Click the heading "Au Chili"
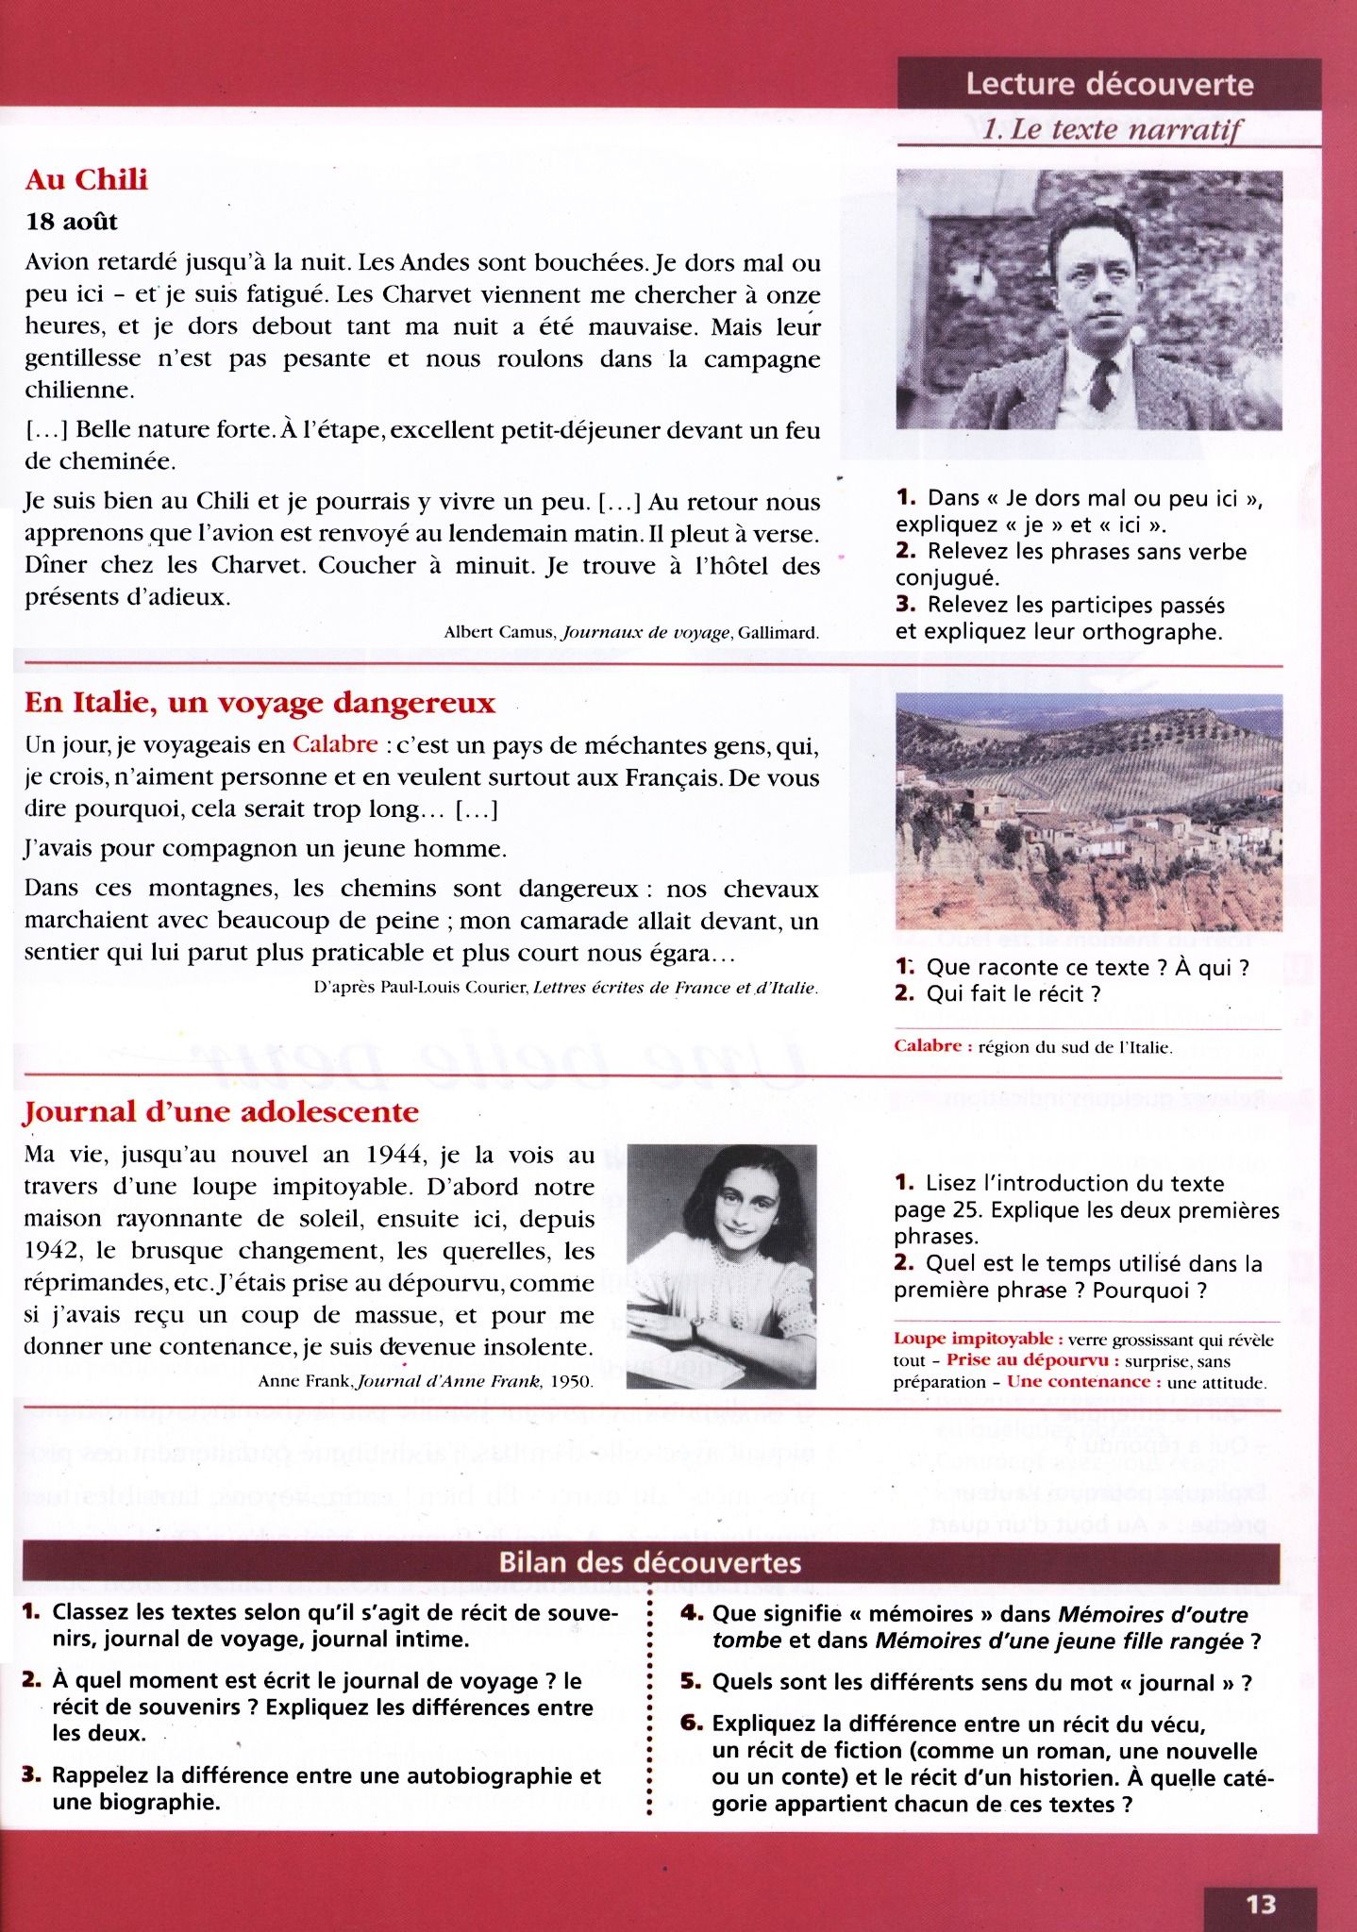[x=87, y=179]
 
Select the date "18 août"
[x=72, y=222]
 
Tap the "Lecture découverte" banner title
[x=1109, y=84]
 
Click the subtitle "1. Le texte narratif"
[x=1113, y=129]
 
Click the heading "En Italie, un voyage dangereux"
[x=260, y=703]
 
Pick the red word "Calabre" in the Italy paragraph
[x=335, y=744]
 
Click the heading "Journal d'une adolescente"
[x=221, y=1111]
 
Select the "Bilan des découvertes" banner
[x=650, y=1563]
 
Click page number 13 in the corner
[x=1261, y=1905]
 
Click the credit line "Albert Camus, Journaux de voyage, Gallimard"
[x=630, y=633]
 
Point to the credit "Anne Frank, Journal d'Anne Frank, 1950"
[x=426, y=1382]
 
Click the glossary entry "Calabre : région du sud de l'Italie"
[x=1033, y=1046]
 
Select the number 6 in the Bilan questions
[x=692, y=1723]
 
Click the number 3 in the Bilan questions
[x=31, y=1774]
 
